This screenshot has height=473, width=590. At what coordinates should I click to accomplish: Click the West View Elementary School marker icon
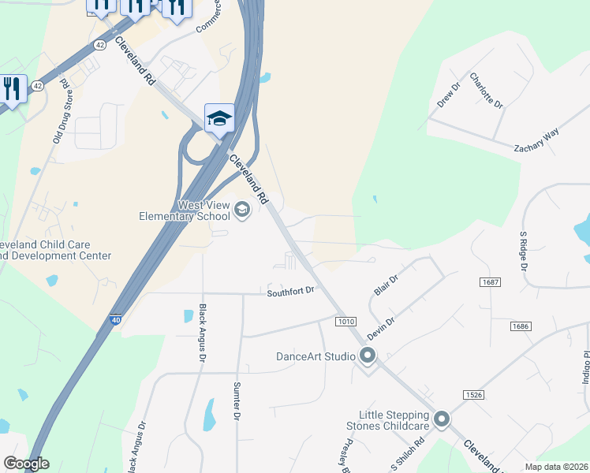tap(241, 210)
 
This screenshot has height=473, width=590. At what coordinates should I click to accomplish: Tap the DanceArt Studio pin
tap(368, 356)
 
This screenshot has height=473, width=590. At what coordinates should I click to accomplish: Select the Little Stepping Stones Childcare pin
tap(441, 419)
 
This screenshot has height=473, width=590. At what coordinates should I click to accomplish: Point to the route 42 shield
tap(99, 46)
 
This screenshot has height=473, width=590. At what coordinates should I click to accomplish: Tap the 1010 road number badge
tap(345, 322)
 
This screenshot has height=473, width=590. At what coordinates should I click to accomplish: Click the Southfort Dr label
tap(290, 291)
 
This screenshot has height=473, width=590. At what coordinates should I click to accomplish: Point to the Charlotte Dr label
tap(486, 91)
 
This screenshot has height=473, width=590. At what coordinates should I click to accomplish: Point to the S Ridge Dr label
tap(522, 251)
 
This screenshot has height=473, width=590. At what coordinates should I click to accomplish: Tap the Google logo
tap(26, 464)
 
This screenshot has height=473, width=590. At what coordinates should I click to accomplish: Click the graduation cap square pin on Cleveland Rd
tap(219, 119)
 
